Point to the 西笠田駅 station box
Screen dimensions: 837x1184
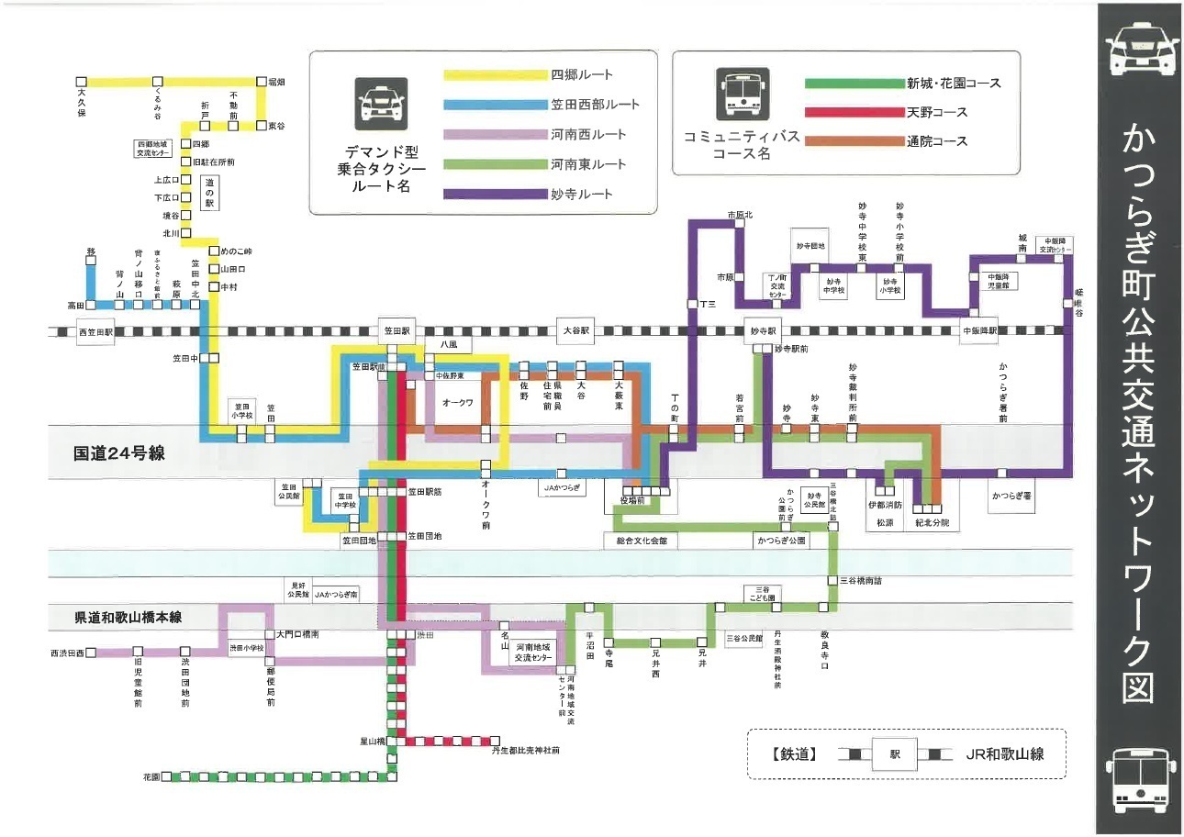point(95,332)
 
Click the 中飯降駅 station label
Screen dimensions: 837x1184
point(978,331)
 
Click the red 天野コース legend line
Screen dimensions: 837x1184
point(854,113)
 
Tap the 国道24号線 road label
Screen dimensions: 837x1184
point(118,453)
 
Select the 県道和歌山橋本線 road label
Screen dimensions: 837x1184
point(128,618)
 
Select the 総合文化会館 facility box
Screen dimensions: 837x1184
point(642,541)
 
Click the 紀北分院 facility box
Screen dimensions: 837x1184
point(932,522)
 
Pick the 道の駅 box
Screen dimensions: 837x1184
point(209,194)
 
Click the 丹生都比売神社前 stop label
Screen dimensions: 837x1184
point(525,751)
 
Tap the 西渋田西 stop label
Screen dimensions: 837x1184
point(67,653)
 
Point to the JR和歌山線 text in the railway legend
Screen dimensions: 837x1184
point(1004,754)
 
